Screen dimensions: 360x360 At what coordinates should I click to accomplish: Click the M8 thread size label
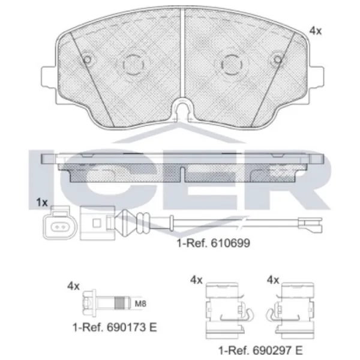(140, 304)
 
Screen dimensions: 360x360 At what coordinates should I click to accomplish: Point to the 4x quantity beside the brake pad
(316, 31)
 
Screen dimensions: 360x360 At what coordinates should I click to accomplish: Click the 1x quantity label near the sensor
(42, 203)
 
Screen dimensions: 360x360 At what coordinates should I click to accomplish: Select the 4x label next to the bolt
(73, 286)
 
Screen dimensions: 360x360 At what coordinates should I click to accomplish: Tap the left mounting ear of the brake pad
(49, 77)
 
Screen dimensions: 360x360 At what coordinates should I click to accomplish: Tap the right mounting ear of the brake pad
(317, 77)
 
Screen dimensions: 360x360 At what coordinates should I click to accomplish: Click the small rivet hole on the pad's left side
(87, 59)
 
